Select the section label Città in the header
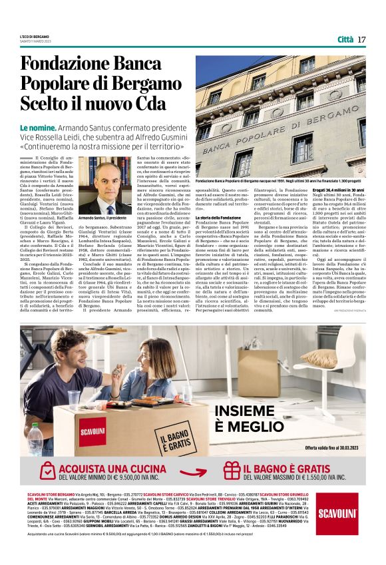coord(345,39)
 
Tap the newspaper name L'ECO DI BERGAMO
coord(34,37)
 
